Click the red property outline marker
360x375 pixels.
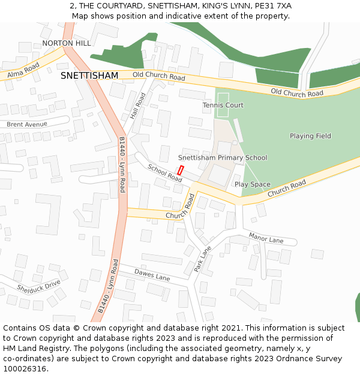click(x=180, y=170)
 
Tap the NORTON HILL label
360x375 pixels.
click(x=67, y=43)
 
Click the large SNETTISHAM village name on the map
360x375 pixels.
click(x=89, y=76)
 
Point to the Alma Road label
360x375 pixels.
click(x=23, y=70)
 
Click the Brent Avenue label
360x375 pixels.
click(x=27, y=124)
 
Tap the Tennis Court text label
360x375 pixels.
click(x=223, y=105)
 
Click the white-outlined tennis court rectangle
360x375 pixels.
click(x=223, y=105)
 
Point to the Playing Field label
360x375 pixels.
click(x=310, y=136)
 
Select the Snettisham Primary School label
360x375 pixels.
click(x=223, y=158)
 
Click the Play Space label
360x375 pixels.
click(x=252, y=184)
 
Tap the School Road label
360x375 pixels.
click(x=165, y=173)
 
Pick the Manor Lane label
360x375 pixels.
click(x=266, y=239)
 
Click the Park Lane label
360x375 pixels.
click(x=203, y=259)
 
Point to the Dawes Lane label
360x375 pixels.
click(x=152, y=275)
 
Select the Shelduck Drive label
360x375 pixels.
click(x=39, y=287)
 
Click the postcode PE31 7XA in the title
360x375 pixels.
click(x=269, y=5)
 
